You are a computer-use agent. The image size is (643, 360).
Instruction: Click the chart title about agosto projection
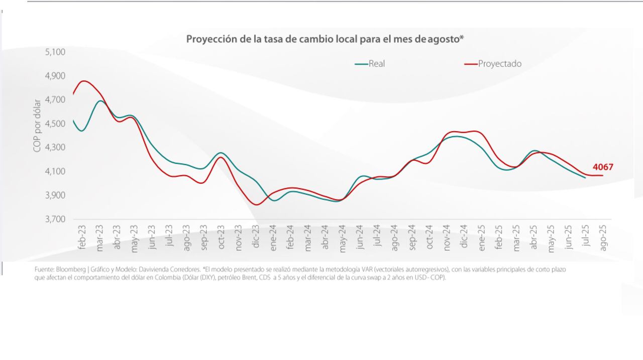click(325, 39)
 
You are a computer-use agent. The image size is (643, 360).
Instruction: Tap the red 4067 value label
click(603, 167)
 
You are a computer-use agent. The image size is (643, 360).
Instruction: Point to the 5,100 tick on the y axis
click(55, 52)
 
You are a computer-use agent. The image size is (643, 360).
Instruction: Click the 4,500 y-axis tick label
click(55, 124)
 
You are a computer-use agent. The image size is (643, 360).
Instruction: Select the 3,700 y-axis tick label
click(55, 219)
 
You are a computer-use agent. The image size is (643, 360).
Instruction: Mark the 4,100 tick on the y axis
click(55, 172)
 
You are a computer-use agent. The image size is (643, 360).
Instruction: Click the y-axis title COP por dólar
click(37, 126)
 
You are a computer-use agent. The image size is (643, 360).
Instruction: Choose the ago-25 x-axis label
click(603, 236)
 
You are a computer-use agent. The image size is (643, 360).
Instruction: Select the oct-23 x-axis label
click(221, 236)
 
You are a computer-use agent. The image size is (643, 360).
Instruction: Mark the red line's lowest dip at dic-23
click(257, 204)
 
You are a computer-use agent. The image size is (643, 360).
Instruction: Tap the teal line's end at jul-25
click(585, 178)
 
